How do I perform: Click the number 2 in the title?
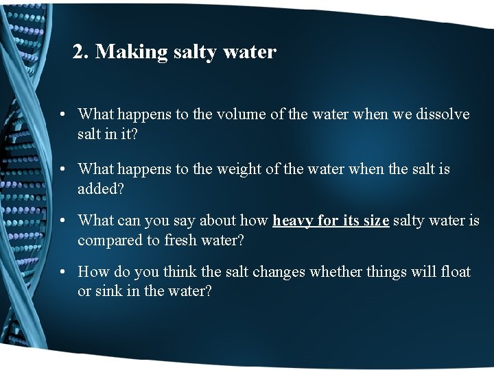click(79, 52)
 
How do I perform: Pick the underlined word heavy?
click(294, 221)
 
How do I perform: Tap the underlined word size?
click(375, 221)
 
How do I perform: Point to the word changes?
click(279, 272)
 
